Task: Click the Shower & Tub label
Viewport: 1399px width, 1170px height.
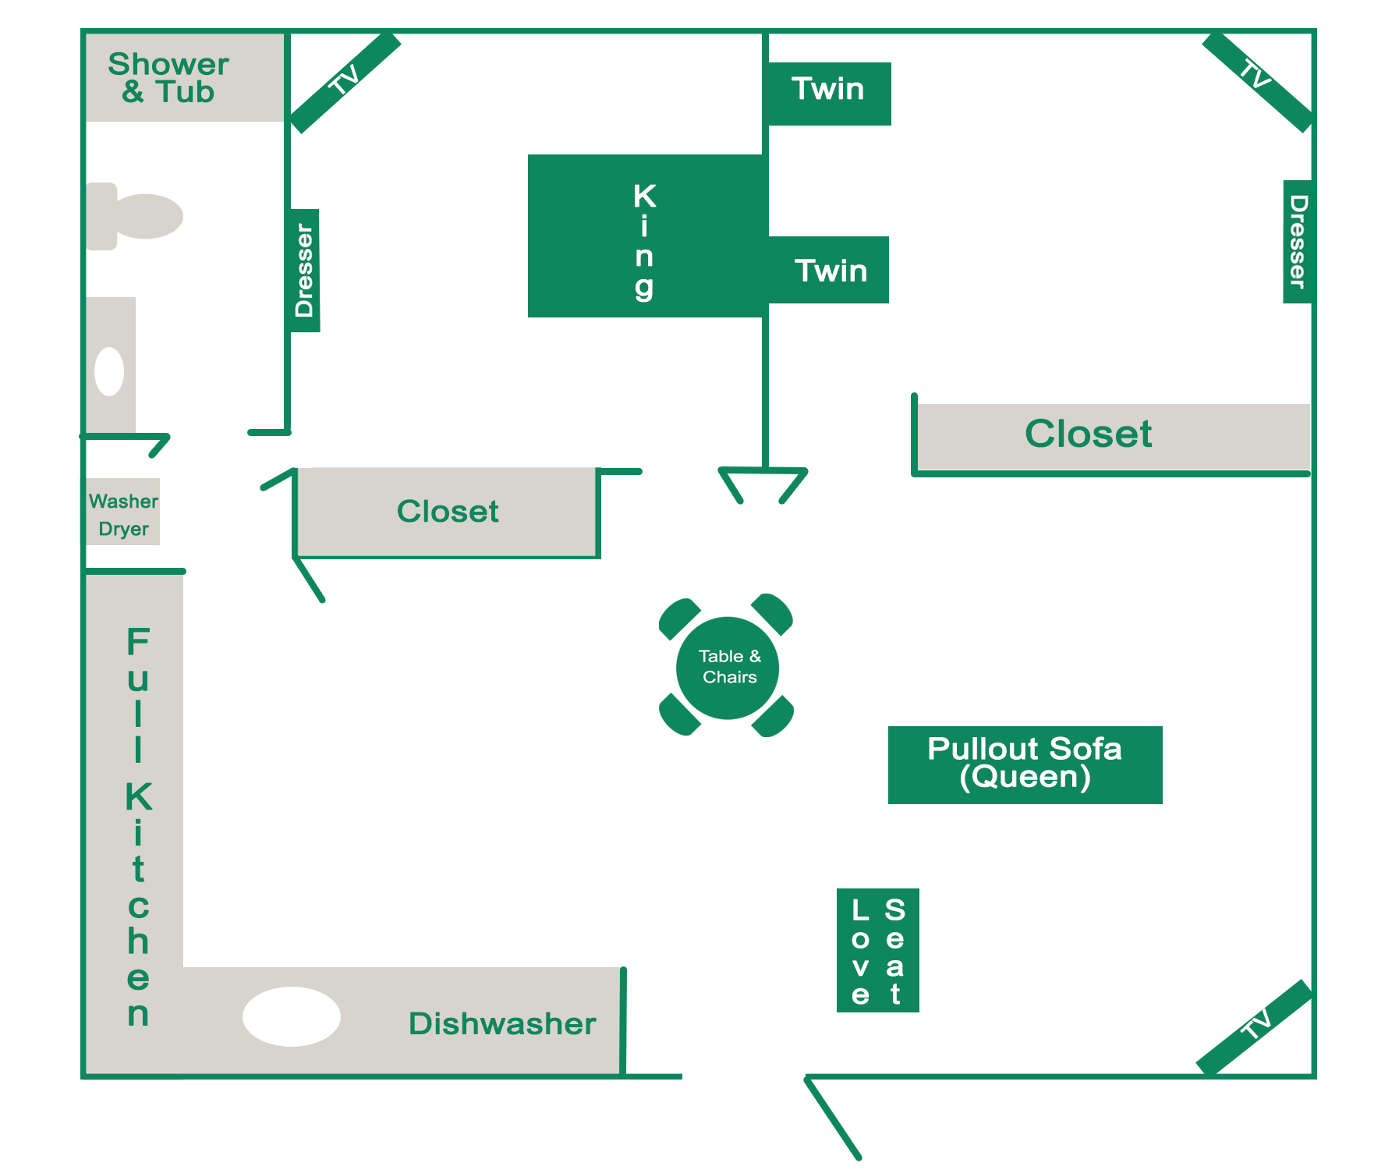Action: pyautogui.click(x=168, y=78)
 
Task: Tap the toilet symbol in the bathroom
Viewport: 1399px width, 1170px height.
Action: pyautogui.click(x=136, y=216)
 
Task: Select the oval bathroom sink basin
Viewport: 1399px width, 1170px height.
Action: pyautogui.click(x=109, y=371)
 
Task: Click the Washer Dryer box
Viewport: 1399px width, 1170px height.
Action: pyautogui.click(x=123, y=512)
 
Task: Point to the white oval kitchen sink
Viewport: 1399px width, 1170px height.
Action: pyautogui.click(x=291, y=1016)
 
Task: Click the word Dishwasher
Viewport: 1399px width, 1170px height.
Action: pyautogui.click(x=502, y=1023)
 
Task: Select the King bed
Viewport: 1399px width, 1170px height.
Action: pyautogui.click(x=645, y=236)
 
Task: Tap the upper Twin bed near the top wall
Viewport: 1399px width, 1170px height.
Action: pyautogui.click(x=828, y=92)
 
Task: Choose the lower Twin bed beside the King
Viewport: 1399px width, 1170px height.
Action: pyautogui.click(x=830, y=270)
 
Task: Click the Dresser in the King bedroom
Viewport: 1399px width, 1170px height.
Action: pyautogui.click(x=304, y=270)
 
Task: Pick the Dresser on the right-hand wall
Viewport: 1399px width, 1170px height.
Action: pyautogui.click(x=1297, y=241)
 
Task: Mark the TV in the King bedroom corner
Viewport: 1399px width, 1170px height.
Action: pyautogui.click(x=345, y=82)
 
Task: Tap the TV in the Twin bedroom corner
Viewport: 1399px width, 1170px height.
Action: pyautogui.click(x=1257, y=81)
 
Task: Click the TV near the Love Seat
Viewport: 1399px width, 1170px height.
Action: pyautogui.click(x=1255, y=1026)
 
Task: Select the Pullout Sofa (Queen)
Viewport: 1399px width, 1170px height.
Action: pyautogui.click(x=1025, y=764)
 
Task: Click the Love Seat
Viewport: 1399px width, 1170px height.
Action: pyautogui.click(x=877, y=950)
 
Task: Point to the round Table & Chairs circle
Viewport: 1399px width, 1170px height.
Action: pyautogui.click(x=728, y=667)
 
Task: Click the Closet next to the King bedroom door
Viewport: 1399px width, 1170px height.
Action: pyautogui.click(x=447, y=512)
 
